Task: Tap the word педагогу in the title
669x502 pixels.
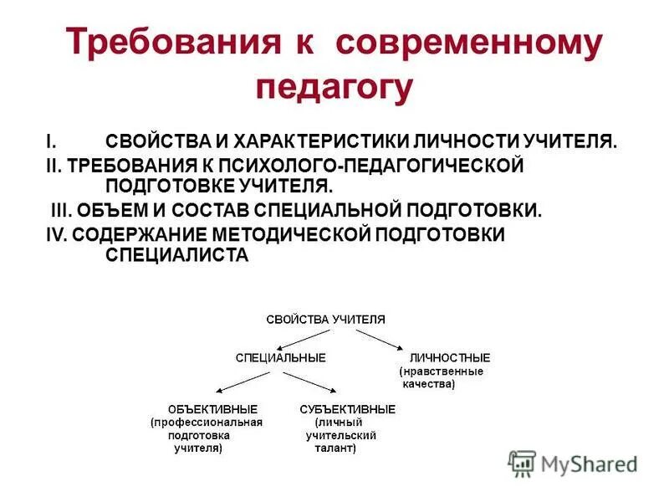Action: pyautogui.click(x=334, y=86)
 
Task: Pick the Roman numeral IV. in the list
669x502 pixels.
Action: pyautogui.click(x=56, y=234)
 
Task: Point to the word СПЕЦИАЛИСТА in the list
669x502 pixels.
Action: pyautogui.click(x=177, y=256)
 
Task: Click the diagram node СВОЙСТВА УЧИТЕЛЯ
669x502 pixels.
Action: pyautogui.click(x=326, y=319)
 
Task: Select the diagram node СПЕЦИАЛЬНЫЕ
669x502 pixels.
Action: pyautogui.click(x=280, y=357)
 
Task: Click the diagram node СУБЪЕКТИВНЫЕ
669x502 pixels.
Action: pyautogui.click(x=347, y=408)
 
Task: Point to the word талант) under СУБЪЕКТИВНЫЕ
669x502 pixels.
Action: pyautogui.click(x=334, y=448)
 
